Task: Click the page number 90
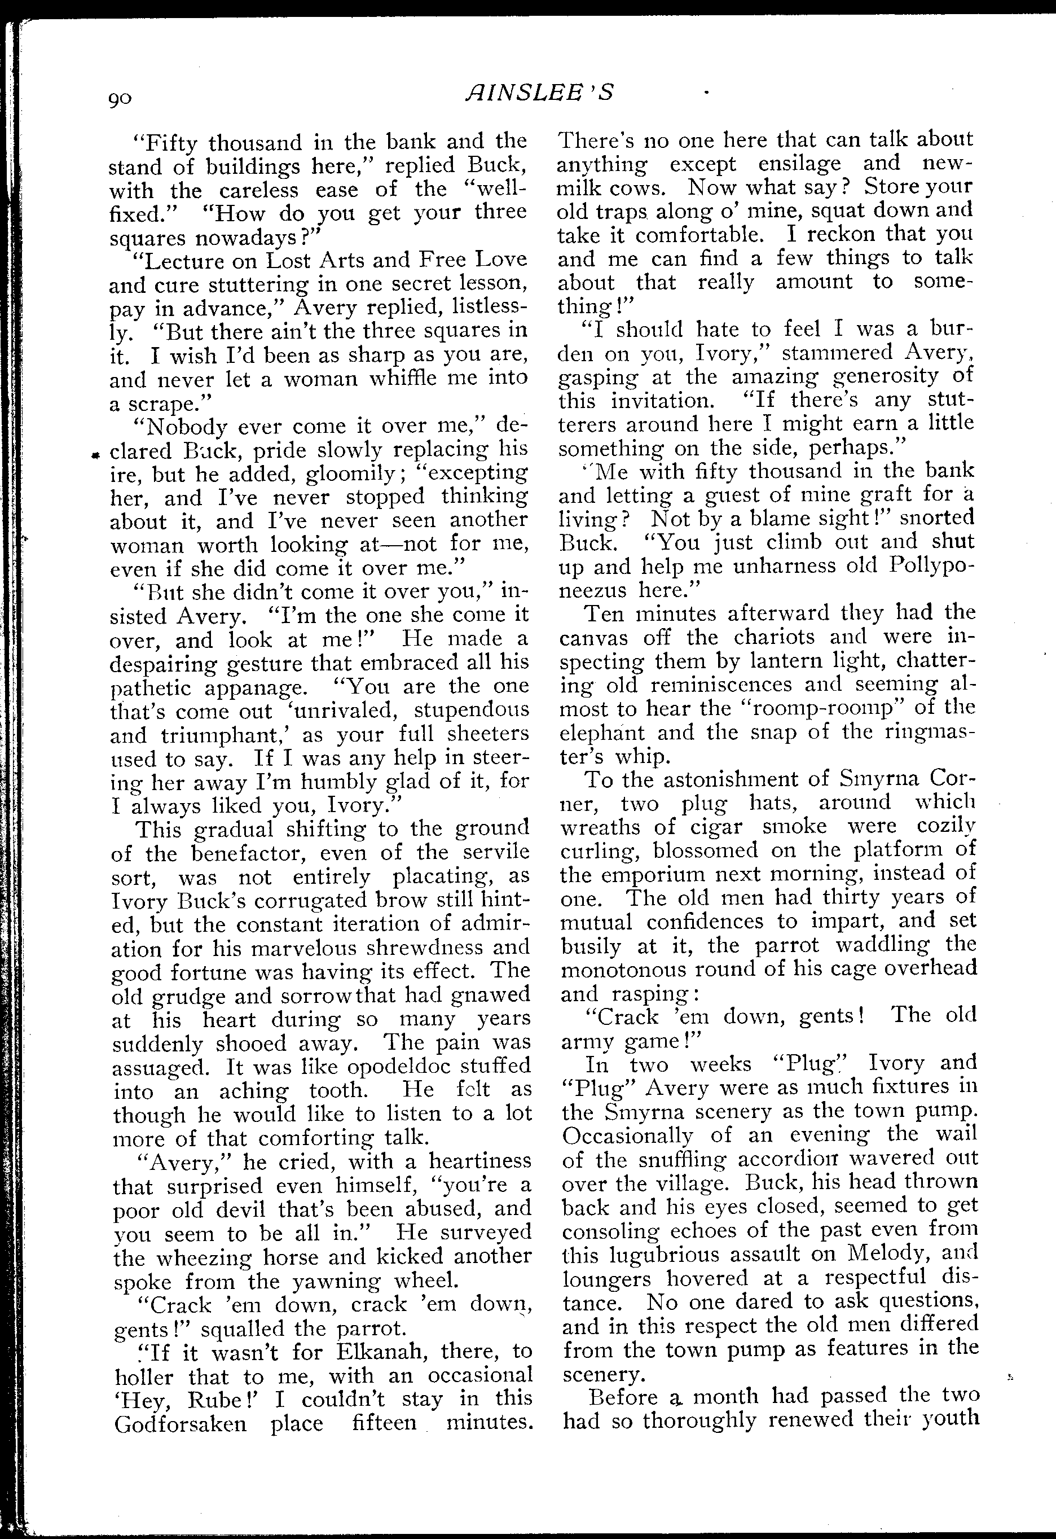pyautogui.click(x=121, y=99)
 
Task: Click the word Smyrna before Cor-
pyautogui.click(x=866, y=779)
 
